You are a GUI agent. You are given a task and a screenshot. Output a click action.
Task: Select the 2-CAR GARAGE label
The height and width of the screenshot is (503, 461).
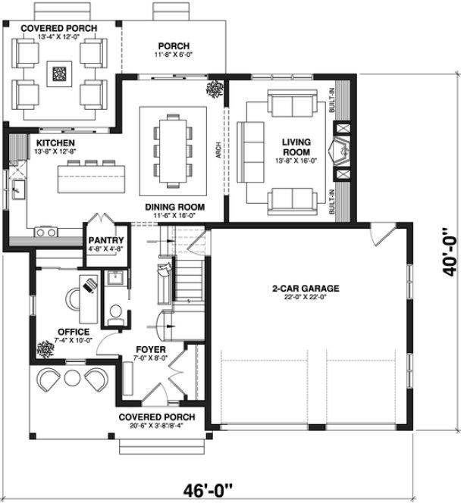pyautogui.click(x=305, y=289)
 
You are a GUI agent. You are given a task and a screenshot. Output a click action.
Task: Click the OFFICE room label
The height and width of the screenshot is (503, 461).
pyautogui.click(x=73, y=332)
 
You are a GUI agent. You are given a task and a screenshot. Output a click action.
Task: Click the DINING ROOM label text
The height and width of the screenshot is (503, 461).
pyautogui.click(x=175, y=206)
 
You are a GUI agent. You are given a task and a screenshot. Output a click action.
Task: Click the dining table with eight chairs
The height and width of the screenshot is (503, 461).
pyautogui.click(x=174, y=149)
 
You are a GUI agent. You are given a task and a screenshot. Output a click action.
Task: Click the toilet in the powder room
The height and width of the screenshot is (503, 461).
pyautogui.click(x=116, y=311)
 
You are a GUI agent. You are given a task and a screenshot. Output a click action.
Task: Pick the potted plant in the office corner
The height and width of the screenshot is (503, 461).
pyautogui.click(x=43, y=349)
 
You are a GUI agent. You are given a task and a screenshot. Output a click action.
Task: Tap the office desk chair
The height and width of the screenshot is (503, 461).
pyautogui.click(x=89, y=286)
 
